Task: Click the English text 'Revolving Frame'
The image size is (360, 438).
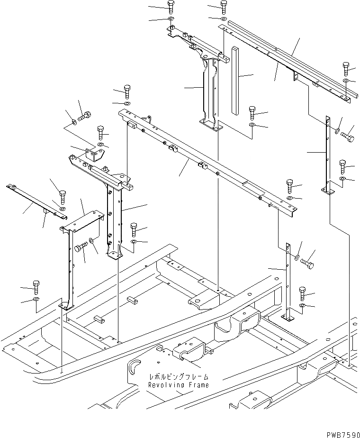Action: coord(178,385)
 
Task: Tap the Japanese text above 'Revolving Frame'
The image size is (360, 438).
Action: coord(178,377)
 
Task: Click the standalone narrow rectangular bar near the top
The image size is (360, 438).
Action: coord(235,80)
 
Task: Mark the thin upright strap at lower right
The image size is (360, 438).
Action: coord(288,280)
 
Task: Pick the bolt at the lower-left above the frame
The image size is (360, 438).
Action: coord(36,286)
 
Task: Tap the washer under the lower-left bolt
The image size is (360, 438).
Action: coord(36,300)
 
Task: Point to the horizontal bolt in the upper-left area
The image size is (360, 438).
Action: coord(84,115)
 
